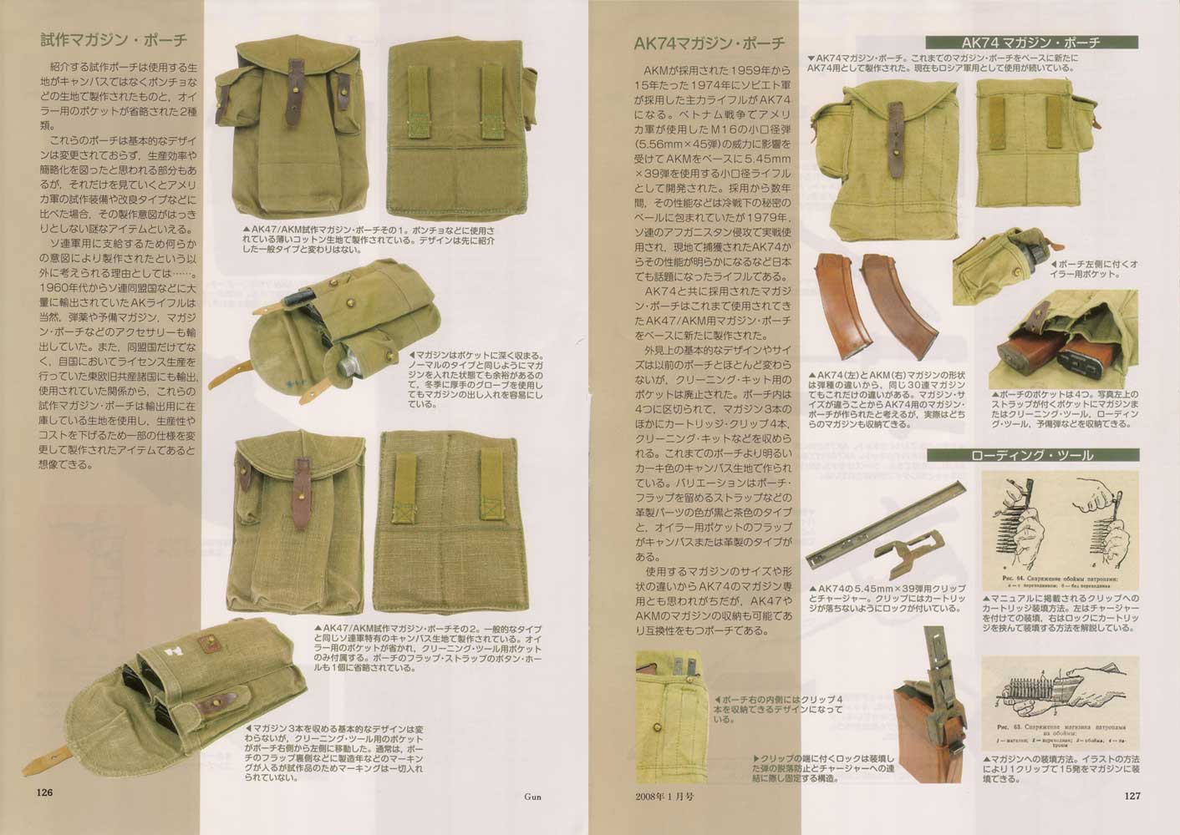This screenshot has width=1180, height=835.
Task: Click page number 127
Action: pyautogui.click(x=1132, y=795)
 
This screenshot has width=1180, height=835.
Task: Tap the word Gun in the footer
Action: pyautogui.click(x=532, y=796)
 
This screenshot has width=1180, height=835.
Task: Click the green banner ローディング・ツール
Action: pyautogui.click(x=1030, y=455)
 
